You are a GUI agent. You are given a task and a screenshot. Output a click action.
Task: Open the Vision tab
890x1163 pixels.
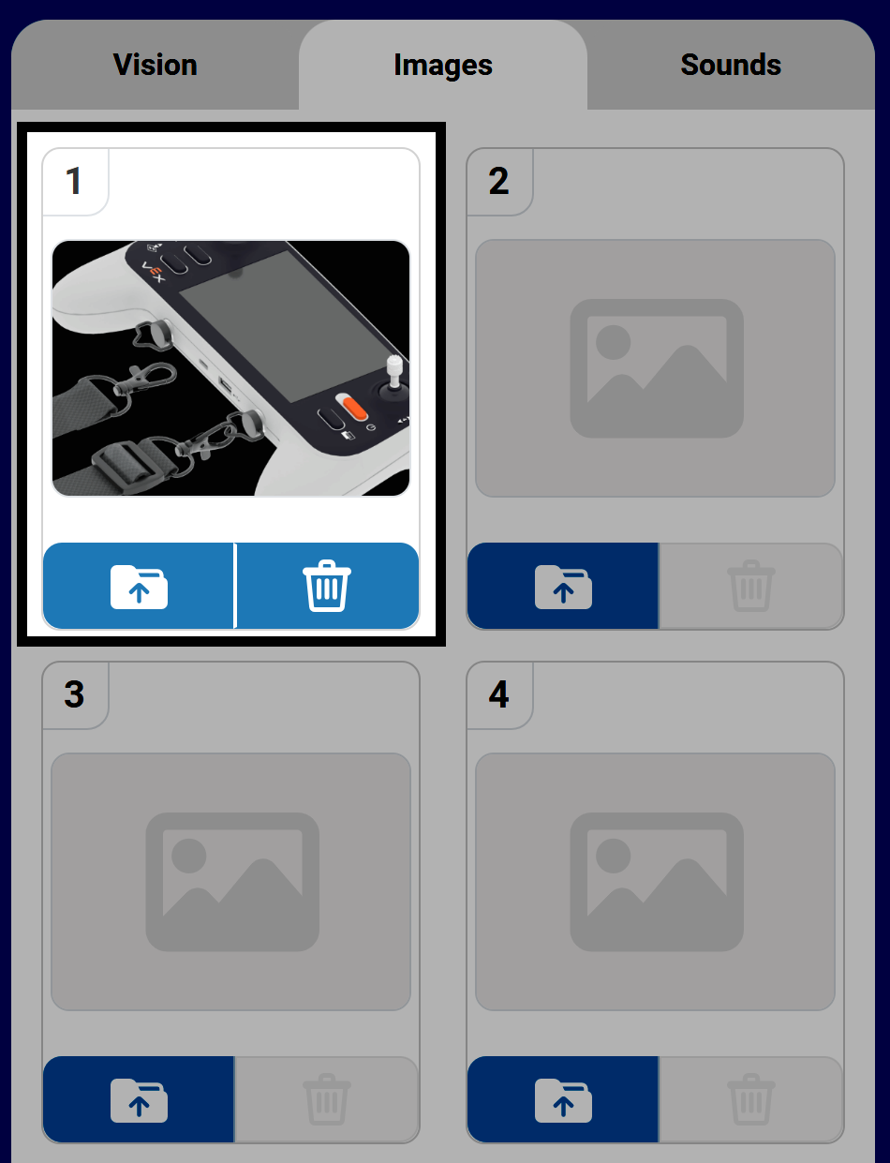point(156,65)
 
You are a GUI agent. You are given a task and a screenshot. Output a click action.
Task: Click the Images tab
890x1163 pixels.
point(443,65)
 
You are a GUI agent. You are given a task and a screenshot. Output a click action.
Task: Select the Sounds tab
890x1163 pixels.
point(731,65)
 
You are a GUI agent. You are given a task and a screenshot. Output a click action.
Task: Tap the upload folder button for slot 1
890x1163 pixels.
point(139,586)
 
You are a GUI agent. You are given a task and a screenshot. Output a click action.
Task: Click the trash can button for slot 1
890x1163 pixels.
point(327,586)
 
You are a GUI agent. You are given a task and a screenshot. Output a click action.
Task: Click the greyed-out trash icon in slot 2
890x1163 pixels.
point(751,586)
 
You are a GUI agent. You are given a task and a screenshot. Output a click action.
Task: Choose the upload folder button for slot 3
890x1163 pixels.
point(139,1099)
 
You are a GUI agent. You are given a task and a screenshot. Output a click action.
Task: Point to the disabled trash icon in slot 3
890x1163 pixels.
point(327,1099)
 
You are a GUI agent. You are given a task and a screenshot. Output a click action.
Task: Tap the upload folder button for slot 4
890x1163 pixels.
point(563,1099)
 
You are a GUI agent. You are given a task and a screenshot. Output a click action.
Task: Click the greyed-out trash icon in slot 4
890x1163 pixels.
point(751,1099)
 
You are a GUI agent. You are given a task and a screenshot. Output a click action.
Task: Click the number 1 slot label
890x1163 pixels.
point(74,181)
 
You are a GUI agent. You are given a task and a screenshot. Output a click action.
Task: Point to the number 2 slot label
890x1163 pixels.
point(498,181)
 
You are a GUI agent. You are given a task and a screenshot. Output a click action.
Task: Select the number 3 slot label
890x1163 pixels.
point(74,694)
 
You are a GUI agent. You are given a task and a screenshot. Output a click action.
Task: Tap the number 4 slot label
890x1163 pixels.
point(498,694)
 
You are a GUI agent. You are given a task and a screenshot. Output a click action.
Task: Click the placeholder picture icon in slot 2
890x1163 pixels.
point(657,368)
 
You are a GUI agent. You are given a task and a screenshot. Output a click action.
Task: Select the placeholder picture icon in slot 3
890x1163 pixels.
point(232,882)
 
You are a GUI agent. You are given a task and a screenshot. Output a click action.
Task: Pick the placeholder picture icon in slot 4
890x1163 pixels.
point(657,882)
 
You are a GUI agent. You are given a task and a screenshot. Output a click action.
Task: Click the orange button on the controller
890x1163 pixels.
point(354,408)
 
